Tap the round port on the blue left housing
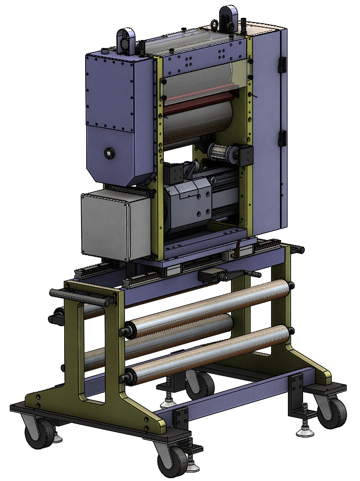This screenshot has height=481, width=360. pyautogui.click(x=108, y=153)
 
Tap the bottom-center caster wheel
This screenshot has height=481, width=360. pyautogui.click(x=172, y=462)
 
